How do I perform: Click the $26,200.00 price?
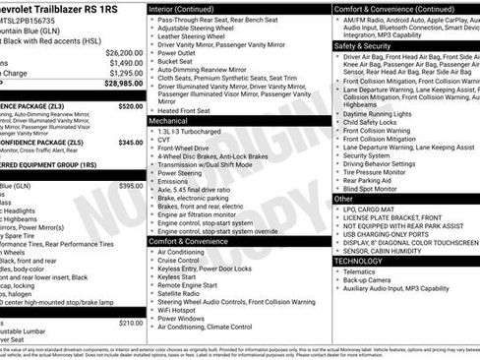tap(124, 52)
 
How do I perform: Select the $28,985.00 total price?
tap(124, 85)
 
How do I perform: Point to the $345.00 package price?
tap(130, 143)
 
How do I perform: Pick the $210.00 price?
tap(131, 323)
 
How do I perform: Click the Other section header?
tap(345, 199)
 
